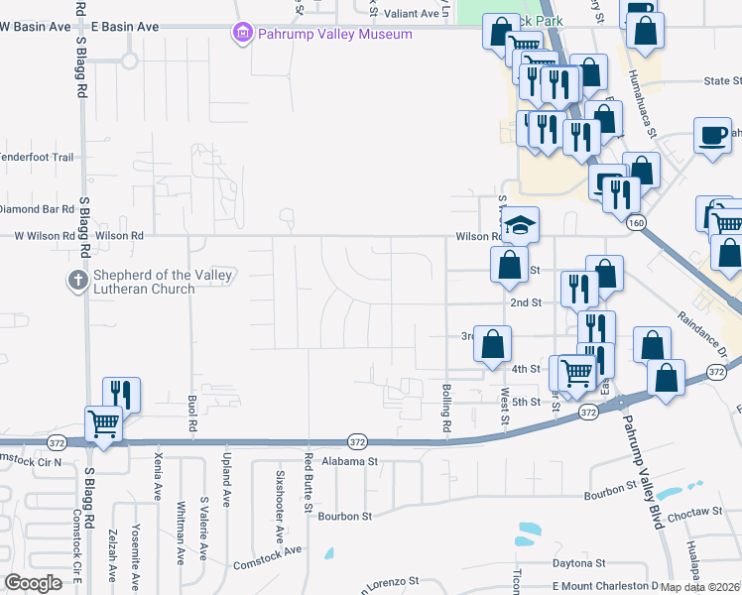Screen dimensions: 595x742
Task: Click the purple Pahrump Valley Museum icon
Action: pos(241,35)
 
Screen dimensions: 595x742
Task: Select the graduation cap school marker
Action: pos(519,226)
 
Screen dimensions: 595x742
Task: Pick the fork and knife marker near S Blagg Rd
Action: pos(121,394)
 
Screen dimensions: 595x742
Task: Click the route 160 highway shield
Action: pos(636,223)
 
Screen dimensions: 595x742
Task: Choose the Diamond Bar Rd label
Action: pos(37,209)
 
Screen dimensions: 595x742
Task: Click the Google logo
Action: pos(33,583)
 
